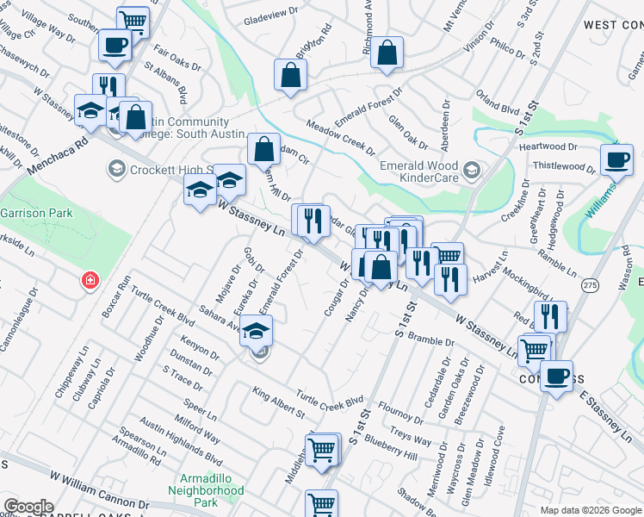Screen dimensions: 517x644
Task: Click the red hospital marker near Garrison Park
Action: [x=90, y=281]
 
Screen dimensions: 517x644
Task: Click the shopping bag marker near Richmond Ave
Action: [x=388, y=53]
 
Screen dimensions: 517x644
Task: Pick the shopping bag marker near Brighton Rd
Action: [x=291, y=74]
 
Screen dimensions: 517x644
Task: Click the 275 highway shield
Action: [x=590, y=285]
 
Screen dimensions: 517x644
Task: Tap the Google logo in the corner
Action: [x=28, y=507]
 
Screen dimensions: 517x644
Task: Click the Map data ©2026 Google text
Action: [x=590, y=510]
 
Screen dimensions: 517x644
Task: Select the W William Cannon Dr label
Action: [x=100, y=489]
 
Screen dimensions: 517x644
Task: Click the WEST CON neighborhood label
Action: [x=612, y=25]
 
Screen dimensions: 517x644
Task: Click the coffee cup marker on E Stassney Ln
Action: [x=556, y=375]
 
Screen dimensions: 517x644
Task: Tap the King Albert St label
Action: [x=279, y=402]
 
